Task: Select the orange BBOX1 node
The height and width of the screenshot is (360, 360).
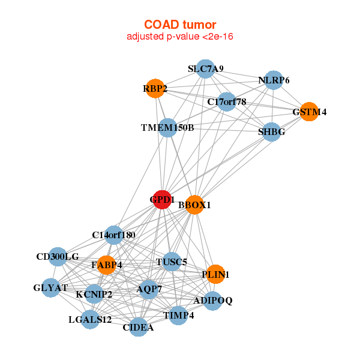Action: point(195,205)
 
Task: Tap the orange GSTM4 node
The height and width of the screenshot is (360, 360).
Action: point(309,112)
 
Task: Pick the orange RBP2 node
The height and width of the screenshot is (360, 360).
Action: point(155,89)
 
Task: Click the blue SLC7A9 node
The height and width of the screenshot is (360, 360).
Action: point(206,69)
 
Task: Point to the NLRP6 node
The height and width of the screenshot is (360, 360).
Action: point(274,80)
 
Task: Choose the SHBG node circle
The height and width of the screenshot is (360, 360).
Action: point(272,132)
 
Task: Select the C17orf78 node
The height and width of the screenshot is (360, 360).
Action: point(227,101)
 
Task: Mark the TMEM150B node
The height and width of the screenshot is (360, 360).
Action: point(167,127)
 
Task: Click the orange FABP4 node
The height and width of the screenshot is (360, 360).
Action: point(106,265)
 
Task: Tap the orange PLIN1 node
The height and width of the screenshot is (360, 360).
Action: point(215,274)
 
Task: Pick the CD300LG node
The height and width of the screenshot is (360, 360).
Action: point(58,257)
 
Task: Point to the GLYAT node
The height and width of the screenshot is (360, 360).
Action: point(50,288)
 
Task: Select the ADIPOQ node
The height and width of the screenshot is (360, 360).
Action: point(213,300)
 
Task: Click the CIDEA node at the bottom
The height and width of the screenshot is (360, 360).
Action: point(139,327)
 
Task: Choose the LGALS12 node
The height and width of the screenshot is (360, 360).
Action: point(91,319)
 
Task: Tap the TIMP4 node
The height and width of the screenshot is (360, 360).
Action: point(178,315)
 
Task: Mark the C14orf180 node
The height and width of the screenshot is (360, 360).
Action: point(114,235)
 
